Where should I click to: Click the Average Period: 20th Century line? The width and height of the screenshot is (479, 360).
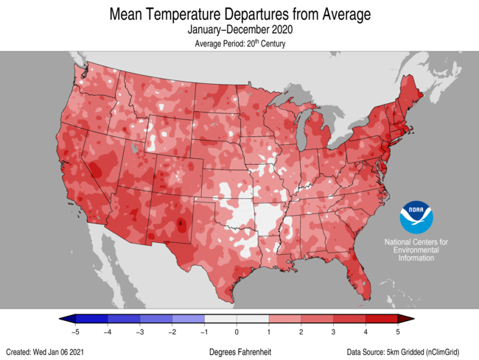(x=239, y=44)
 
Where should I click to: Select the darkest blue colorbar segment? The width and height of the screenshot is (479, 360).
(x=91, y=320)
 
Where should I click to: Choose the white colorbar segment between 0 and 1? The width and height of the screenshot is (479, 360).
(x=253, y=320)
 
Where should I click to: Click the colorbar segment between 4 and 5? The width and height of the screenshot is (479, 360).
(x=382, y=320)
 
